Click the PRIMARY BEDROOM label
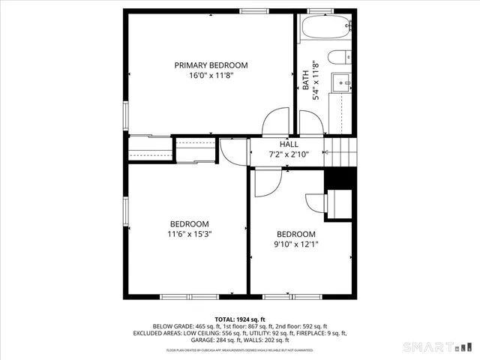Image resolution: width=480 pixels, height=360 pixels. [211, 65]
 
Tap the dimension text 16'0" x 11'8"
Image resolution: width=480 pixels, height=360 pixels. [211, 76]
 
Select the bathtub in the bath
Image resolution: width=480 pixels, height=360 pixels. [324, 29]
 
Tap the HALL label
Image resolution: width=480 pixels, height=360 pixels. [289, 144]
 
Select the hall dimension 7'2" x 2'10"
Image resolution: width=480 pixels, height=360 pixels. [289, 154]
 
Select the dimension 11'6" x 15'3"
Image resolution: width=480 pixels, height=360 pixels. [189, 234]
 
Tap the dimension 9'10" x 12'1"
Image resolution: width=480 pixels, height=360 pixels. [295, 244]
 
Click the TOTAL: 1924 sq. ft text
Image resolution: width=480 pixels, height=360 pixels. [240, 319]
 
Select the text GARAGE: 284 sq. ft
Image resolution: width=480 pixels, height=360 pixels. [179, 340]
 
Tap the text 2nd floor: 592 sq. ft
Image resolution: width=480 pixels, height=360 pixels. [299, 326]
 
